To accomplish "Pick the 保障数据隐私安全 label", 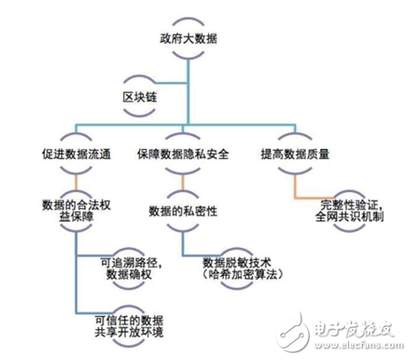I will (183, 153).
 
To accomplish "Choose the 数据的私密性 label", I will (183, 212).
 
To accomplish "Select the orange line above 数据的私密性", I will (183, 183).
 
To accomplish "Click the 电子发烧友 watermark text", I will (353, 325).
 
